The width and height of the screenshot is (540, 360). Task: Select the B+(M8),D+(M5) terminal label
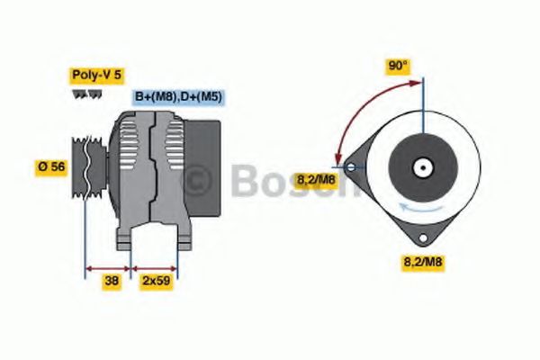pyautogui.click(x=179, y=96)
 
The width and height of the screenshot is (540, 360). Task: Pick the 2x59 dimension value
pyautogui.click(x=155, y=281)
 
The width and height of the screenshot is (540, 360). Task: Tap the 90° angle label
pyautogui.click(x=398, y=65)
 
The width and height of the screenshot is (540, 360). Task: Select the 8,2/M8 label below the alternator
pyautogui.click(x=422, y=262)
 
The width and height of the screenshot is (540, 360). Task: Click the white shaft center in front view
pyautogui.click(x=421, y=167)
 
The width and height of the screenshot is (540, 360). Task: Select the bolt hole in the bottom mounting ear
pyautogui.click(x=421, y=238)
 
